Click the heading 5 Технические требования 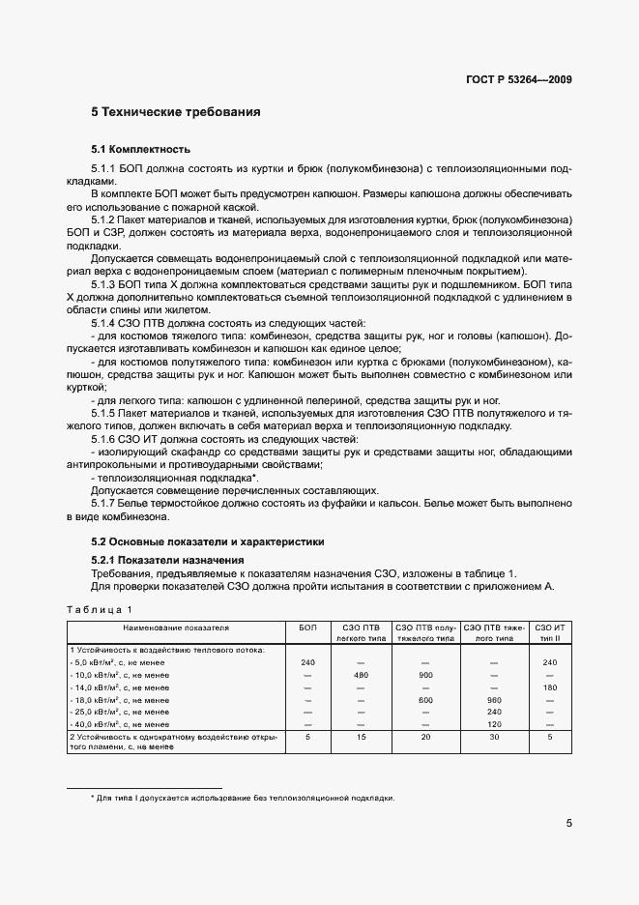point(175,112)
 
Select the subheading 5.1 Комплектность point(140,150)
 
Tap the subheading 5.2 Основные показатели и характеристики point(208,541)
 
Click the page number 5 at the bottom point(568,824)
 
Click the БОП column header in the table point(307,628)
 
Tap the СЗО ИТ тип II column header point(549,633)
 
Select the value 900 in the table point(424,674)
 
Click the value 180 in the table point(549,686)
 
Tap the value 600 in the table point(424,699)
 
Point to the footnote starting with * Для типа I point(242,798)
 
